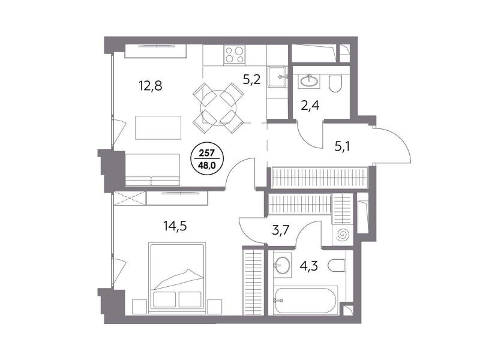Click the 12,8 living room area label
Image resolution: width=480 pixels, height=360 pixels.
151,86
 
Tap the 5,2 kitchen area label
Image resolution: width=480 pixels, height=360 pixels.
251,80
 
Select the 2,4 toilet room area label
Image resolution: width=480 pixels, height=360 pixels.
310,106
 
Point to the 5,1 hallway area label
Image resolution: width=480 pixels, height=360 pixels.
342,146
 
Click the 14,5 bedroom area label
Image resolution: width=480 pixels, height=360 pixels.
175,226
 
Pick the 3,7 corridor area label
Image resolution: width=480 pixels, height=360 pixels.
281,229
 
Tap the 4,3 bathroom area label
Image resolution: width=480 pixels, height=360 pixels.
308,266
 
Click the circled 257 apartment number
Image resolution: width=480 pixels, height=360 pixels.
207,153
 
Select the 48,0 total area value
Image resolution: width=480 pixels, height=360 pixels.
207,166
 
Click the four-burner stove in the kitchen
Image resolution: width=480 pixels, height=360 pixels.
234,55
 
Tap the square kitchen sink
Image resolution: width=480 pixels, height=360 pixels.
278,77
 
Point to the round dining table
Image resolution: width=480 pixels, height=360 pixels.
218,108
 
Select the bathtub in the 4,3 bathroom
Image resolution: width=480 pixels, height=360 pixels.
305,300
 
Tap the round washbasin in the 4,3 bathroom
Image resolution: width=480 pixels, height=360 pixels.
281,265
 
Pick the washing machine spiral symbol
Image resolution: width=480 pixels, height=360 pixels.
343,235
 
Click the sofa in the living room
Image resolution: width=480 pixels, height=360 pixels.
152,170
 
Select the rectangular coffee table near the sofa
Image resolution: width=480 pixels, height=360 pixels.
158,128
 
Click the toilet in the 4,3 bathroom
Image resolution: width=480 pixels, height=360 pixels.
337,265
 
